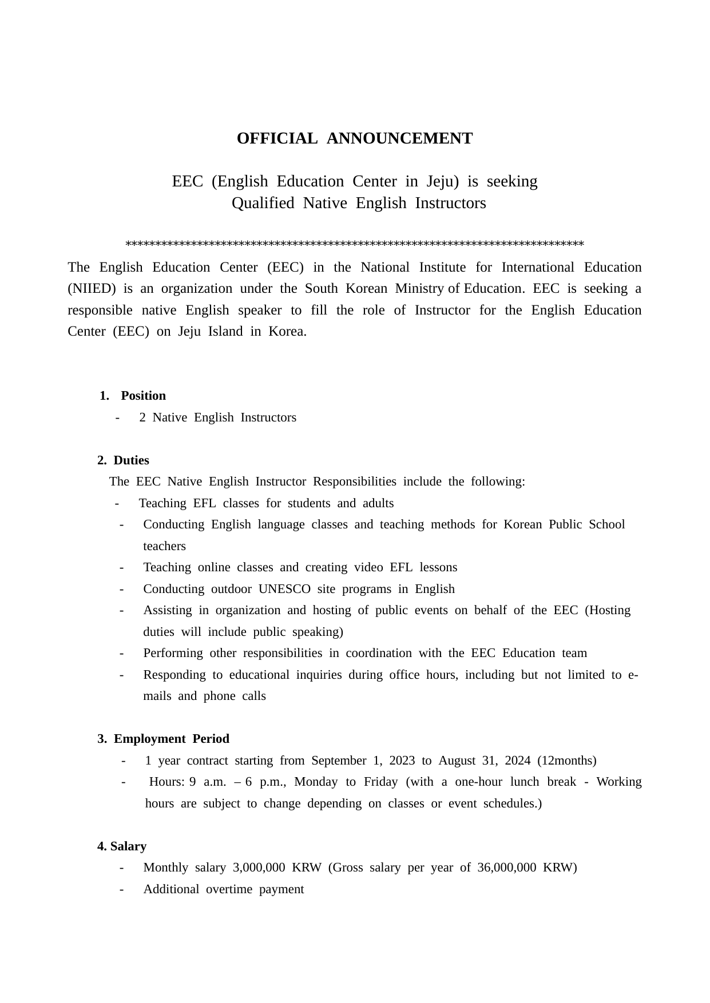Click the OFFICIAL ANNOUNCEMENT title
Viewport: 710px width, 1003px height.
point(355,138)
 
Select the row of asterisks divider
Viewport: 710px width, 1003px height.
point(355,244)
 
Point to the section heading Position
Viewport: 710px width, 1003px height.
point(143,396)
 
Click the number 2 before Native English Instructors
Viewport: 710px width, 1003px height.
point(142,417)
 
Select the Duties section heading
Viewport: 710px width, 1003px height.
point(131,460)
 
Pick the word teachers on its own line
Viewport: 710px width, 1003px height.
point(164,546)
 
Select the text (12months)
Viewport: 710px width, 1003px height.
point(567,761)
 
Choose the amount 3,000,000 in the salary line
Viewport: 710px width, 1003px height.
point(259,867)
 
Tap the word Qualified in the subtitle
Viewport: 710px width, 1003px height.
point(263,203)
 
